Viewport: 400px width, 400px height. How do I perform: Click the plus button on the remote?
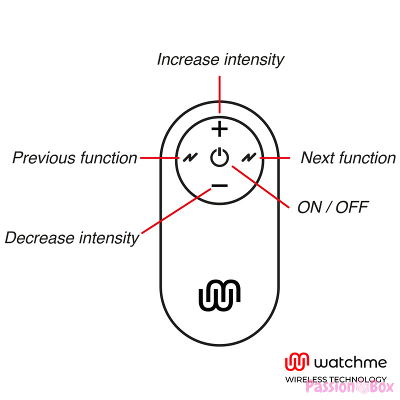(219, 129)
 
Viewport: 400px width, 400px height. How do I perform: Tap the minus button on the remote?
(219, 185)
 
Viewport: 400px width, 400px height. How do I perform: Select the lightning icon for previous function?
(190, 157)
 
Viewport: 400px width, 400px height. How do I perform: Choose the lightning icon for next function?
(249, 157)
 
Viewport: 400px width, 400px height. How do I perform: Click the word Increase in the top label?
(188, 59)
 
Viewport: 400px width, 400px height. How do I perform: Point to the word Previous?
(44, 157)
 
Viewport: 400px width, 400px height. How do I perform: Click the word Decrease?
(39, 238)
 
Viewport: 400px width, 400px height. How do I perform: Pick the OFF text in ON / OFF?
(352, 207)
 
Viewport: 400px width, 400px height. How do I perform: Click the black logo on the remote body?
(219, 295)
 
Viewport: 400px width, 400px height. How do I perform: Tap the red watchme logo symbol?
(297, 361)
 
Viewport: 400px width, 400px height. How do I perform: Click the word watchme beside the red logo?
(350, 362)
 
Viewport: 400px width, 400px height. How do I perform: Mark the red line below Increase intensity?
(219, 94)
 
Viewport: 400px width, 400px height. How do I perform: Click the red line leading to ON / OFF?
(260, 186)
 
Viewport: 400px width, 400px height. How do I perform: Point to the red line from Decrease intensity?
(176, 211)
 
